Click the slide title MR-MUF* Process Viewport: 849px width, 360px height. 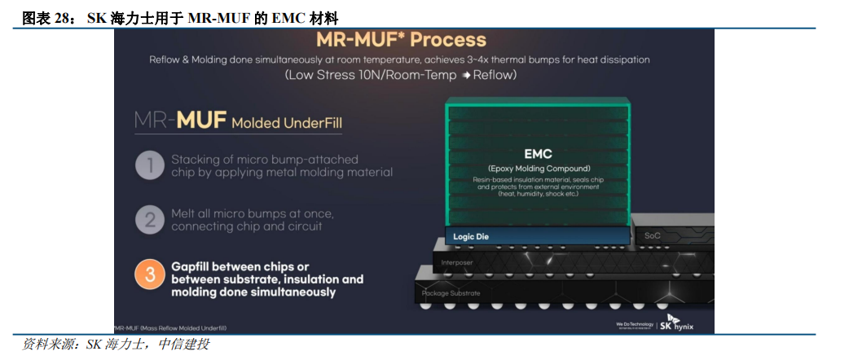coord(413,40)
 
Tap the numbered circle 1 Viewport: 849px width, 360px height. coord(149,165)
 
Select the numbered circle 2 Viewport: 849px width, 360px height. coord(149,220)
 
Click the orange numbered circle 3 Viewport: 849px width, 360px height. coord(149,274)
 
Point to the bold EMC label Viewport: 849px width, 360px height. coord(538,153)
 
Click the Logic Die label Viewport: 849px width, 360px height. coord(471,237)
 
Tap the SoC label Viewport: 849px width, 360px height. coord(653,236)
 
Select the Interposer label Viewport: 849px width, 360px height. coord(457,263)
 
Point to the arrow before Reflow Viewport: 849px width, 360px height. coord(467,75)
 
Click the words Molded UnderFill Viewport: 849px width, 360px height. coord(287,124)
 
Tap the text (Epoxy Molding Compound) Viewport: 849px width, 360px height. coord(538,168)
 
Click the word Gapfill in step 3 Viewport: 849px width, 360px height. coord(194,267)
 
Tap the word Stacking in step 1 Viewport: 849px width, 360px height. coord(196,160)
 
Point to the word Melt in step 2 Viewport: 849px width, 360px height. coord(183,213)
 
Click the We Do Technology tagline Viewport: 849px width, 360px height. coord(635,324)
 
